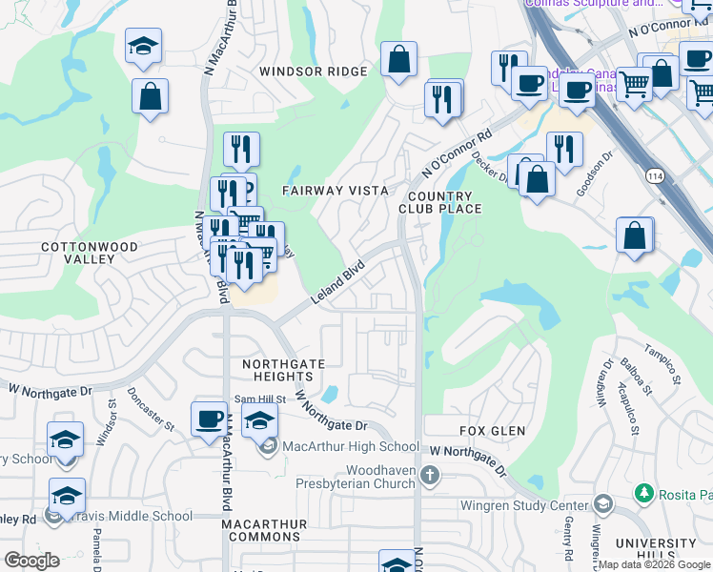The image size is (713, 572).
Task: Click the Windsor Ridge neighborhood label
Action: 313,71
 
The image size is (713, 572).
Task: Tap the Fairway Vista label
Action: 335,191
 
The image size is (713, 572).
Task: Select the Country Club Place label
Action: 435,202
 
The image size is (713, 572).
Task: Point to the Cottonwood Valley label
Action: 90,254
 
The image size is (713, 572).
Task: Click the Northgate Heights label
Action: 284,371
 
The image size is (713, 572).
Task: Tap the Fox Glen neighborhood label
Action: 492,431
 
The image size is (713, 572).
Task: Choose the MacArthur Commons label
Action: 265,531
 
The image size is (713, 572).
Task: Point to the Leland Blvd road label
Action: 337,284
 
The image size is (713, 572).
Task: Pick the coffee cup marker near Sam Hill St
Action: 209,419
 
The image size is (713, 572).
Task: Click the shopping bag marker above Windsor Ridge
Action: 398,60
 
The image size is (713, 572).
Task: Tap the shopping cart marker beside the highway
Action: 633,84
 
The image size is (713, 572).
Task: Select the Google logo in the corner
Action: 32,561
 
